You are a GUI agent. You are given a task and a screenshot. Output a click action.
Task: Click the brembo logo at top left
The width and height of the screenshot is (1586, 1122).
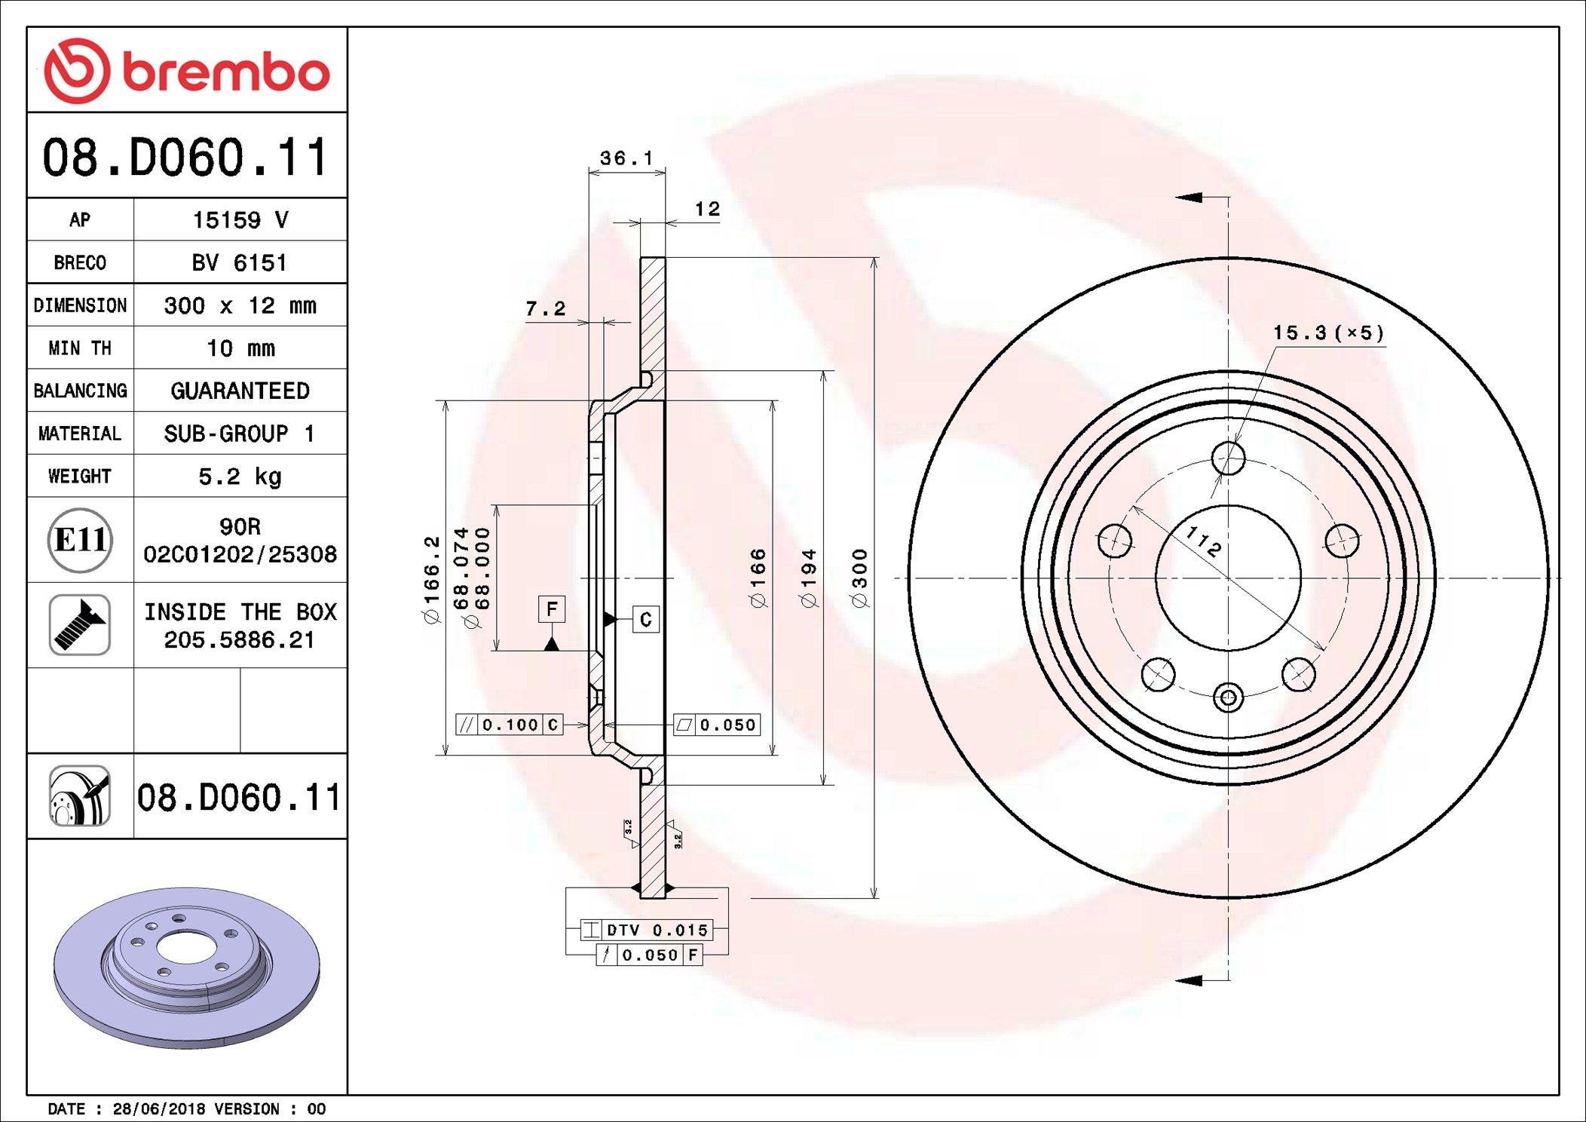click(x=186, y=71)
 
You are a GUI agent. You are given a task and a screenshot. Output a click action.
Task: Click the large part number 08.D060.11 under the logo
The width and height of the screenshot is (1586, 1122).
click(x=186, y=157)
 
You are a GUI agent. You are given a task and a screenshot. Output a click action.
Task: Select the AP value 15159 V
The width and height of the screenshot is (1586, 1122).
click(x=240, y=220)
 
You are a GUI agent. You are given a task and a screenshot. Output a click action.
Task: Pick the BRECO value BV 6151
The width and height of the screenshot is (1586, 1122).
click(x=240, y=263)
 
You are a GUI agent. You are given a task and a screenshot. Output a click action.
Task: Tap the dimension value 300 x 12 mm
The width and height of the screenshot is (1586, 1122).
click(x=240, y=305)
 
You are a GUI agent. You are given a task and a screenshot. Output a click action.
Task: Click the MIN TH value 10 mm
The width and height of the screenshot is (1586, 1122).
click(x=240, y=348)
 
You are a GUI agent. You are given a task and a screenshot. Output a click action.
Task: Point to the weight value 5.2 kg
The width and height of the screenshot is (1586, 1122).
click(x=240, y=477)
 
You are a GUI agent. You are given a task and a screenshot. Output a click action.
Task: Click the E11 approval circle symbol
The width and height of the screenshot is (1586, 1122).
click(x=80, y=540)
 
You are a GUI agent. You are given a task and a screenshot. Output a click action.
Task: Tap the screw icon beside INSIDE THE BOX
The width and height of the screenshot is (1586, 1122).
click(x=80, y=625)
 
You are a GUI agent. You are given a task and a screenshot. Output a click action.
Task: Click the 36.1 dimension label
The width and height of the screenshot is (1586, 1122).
click(x=626, y=158)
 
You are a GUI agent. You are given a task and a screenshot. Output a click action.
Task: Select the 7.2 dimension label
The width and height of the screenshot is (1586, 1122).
click(x=545, y=308)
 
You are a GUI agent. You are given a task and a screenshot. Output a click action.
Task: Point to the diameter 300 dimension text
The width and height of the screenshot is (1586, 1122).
click(x=860, y=578)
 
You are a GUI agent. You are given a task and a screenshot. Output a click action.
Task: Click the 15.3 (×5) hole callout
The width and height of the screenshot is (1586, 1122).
click(x=1328, y=333)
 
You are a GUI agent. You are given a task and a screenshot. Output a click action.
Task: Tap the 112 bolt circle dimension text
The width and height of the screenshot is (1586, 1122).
click(x=1203, y=541)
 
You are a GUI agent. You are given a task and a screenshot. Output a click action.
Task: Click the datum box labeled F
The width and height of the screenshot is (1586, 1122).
click(x=552, y=609)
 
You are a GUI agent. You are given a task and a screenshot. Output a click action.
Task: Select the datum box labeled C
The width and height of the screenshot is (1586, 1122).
click(x=645, y=619)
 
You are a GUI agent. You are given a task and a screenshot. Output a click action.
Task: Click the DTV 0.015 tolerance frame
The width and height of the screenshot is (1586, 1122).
click(x=646, y=930)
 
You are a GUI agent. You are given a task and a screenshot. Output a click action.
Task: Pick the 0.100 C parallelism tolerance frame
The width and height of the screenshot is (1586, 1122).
click(x=510, y=725)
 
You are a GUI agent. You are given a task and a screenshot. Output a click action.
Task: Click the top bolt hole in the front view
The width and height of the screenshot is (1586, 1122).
click(x=1228, y=458)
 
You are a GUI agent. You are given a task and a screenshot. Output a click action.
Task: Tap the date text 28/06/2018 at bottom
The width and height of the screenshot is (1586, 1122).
click(x=158, y=1108)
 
